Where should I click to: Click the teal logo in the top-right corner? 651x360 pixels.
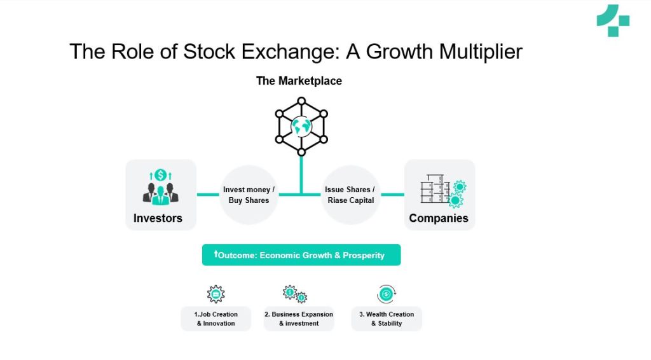612,20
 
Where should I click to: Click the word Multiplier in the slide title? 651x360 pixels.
477,52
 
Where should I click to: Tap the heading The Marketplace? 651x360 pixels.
299,81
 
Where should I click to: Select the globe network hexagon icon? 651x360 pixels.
301,127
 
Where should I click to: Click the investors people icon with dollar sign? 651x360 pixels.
160,187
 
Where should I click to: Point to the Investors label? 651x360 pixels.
158,218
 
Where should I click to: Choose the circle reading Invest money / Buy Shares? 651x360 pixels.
249,195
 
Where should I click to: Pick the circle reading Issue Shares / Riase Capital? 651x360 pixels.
350,195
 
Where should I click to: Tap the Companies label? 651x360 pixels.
439,218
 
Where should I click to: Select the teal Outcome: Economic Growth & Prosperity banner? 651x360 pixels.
301,255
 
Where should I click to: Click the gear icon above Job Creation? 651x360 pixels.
216,294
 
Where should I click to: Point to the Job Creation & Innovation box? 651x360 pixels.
216,319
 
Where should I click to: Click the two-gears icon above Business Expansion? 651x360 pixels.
294,294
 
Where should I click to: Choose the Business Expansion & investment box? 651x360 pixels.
299,319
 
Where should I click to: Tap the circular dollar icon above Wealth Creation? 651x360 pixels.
386,294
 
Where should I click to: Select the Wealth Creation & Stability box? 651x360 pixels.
387,319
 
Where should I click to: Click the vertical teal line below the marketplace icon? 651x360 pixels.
301,173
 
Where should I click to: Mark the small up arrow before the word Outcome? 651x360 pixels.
216,254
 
